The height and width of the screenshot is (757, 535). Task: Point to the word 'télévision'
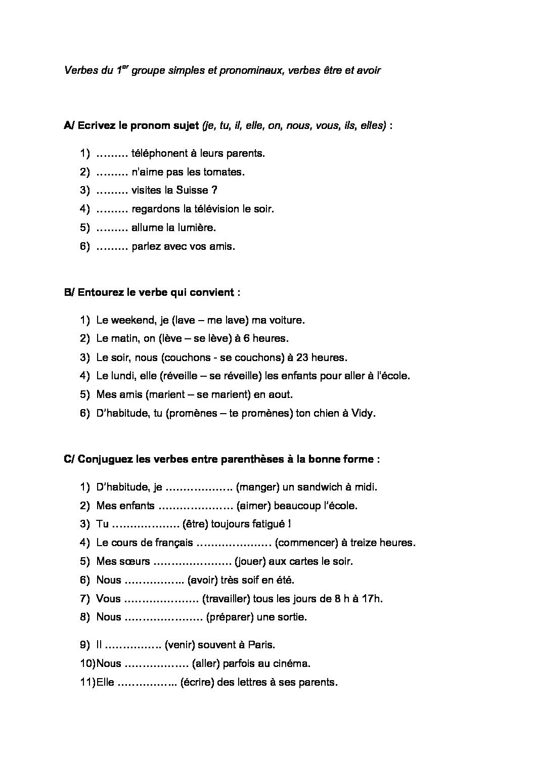tap(219, 209)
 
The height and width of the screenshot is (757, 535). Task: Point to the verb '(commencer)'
tap(306, 543)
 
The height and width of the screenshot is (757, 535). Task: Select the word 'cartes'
tap(304, 562)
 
